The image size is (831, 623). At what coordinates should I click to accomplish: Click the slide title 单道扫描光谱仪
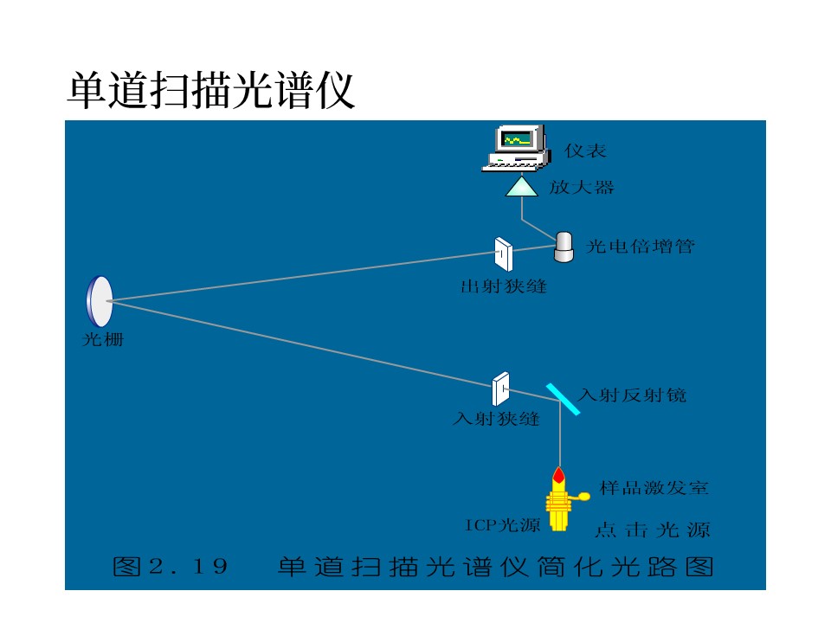(211, 91)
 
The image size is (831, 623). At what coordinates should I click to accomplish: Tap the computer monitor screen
(517, 140)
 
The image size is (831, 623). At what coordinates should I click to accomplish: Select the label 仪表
(585, 151)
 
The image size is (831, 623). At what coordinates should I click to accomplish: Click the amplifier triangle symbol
(521, 187)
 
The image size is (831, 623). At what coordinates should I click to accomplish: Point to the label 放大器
(582, 187)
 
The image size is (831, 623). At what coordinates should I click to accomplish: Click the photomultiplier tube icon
(564, 247)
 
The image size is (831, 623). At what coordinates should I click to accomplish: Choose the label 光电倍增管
(641, 247)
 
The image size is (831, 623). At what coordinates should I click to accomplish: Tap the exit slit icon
(504, 254)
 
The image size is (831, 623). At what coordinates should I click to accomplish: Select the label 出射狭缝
(504, 286)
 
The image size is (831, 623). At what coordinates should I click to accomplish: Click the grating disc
(100, 301)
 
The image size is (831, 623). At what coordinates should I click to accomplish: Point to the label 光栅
(103, 339)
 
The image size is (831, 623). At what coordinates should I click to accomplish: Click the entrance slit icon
(501, 389)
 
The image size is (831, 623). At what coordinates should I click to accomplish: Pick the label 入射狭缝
(496, 419)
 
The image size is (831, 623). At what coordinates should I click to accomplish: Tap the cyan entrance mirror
(563, 399)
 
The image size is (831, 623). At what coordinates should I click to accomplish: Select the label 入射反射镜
(633, 395)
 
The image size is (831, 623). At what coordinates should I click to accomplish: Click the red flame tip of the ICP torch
(558, 473)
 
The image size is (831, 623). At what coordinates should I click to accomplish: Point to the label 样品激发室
(654, 488)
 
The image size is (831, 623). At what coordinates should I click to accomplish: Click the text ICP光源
(502, 525)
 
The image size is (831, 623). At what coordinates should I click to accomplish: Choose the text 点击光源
(653, 530)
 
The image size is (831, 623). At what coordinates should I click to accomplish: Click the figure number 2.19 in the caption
(189, 566)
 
